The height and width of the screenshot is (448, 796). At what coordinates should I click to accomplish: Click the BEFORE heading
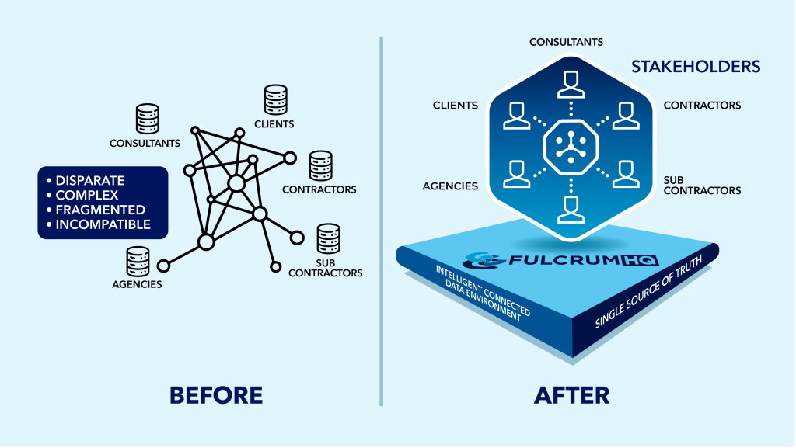216,394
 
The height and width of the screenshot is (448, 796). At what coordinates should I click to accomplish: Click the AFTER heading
571,394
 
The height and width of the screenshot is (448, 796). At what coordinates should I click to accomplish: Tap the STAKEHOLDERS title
695,67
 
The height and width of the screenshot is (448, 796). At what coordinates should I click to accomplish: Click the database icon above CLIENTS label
275,100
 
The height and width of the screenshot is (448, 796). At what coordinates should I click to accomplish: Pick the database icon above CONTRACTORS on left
320,165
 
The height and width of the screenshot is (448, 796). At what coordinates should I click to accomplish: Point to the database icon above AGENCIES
138,262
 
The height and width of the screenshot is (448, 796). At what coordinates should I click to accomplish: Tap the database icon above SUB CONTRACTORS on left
328,238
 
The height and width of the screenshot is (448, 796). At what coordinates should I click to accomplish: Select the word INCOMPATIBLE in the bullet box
103,225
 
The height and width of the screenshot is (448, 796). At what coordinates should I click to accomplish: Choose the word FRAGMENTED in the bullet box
100,210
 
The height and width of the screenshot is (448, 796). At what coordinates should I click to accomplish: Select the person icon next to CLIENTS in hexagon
516,114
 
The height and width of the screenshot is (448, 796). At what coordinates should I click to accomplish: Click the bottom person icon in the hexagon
571,208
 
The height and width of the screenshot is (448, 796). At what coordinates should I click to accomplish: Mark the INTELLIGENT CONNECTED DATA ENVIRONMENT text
482,293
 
